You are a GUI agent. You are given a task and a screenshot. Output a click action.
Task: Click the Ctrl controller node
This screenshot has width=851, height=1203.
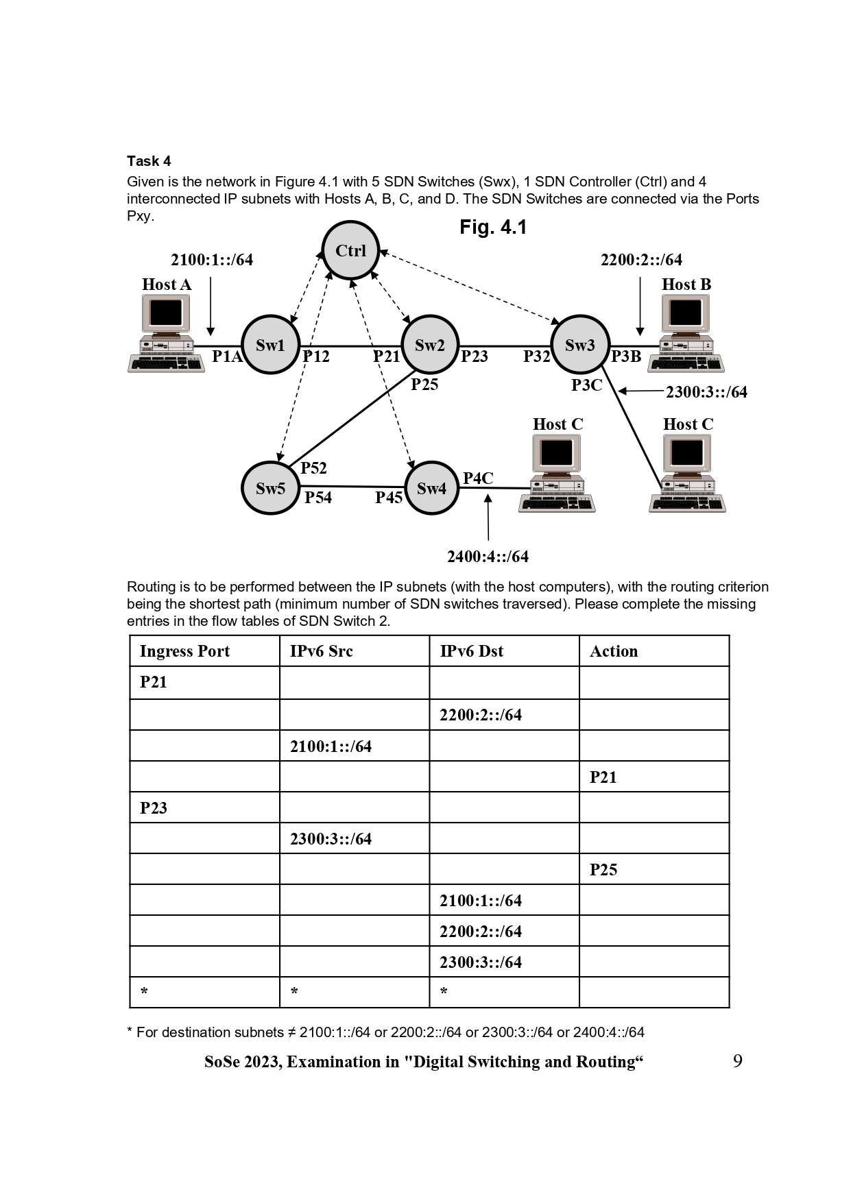(350, 250)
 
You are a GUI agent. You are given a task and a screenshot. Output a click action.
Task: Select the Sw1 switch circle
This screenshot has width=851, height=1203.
(270, 345)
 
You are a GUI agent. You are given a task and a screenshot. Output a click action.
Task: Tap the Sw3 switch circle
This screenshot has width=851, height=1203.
(580, 345)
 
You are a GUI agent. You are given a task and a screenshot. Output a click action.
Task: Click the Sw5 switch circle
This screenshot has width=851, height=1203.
(270, 488)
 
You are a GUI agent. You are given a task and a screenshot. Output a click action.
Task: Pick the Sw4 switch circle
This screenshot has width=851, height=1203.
(431, 488)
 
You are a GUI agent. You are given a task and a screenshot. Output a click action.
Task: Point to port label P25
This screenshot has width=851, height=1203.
(424, 385)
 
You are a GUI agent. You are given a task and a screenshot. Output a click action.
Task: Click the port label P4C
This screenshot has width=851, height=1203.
(478, 478)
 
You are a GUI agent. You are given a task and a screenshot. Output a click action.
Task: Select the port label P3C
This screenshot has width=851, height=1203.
(586, 385)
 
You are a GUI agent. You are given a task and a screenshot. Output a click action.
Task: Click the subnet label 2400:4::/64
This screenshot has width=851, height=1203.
(488, 557)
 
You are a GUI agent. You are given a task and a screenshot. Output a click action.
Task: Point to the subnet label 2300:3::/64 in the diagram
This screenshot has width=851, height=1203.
(706, 392)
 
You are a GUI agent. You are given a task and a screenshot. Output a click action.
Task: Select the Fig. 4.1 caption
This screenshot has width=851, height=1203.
(493, 228)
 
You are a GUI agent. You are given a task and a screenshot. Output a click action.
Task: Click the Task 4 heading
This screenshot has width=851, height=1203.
(149, 161)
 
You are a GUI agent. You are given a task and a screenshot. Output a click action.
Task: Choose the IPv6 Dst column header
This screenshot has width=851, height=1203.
(471, 651)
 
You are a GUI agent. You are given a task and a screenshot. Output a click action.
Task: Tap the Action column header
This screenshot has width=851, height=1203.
(614, 651)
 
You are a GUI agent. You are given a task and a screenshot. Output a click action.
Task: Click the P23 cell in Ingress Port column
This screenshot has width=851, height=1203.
(154, 808)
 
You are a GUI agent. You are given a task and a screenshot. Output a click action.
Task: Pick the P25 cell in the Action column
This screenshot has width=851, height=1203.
(603, 870)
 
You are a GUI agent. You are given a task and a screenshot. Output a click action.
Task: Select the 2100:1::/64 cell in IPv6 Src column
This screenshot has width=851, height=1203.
(331, 746)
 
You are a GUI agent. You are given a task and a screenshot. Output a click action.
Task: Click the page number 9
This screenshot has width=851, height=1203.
(738, 1061)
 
